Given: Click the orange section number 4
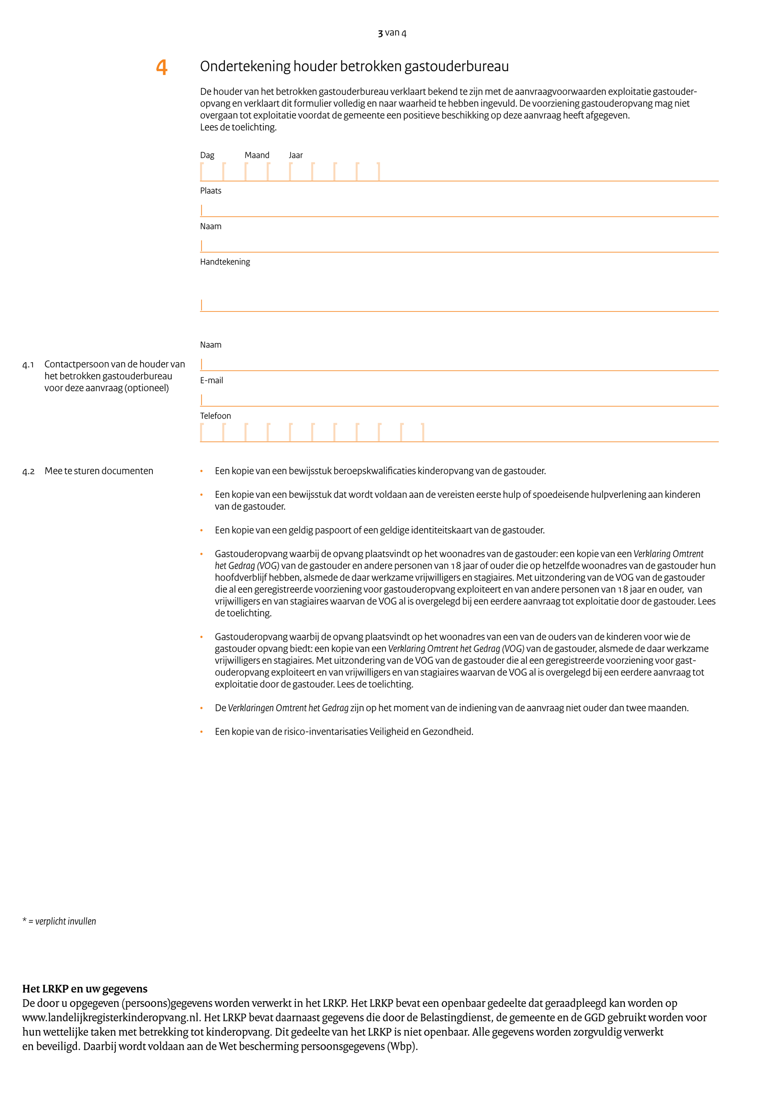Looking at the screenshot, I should pos(162,67).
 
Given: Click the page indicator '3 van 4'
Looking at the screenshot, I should pos(392,33).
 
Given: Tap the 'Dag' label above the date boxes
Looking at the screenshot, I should pos(207,155).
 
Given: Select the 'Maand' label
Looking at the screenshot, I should pos(257,155).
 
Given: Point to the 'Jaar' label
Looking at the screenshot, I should pos(295,155).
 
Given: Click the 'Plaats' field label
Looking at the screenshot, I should pos(210,191).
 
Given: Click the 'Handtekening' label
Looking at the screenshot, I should pos(225,262).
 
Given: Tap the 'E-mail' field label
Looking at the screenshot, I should pos(211,381).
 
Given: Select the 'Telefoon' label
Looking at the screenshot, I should pos(215,416).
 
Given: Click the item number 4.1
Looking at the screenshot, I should pos(28,365).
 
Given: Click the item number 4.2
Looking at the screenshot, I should pos(28,471).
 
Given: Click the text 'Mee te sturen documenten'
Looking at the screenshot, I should pos(99,471).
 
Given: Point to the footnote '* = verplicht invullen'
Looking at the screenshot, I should pos(59,921).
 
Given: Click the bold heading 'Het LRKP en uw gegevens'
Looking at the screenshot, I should pos(85,989).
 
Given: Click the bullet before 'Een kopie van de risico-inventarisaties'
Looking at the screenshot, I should pos(202,732).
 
